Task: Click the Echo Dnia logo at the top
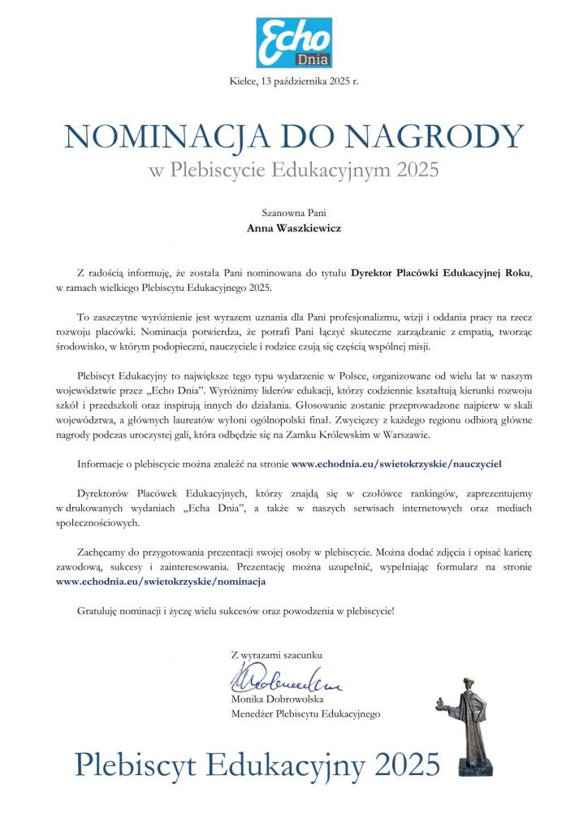pos(294,41)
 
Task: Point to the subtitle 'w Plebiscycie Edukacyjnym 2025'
pos(293,171)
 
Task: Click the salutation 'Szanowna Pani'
pos(294,213)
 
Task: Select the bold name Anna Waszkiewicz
pos(294,228)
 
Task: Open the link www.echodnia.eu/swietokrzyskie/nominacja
pos(160,581)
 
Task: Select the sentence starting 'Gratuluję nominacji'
pos(236,609)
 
